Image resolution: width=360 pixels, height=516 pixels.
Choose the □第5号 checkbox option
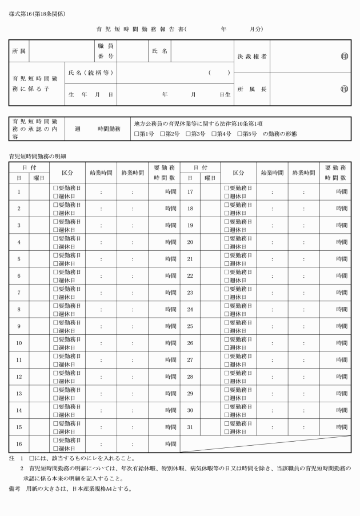point(239,134)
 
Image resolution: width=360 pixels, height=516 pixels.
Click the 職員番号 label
point(106,51)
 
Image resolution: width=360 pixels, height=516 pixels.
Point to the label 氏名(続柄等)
point(90,73)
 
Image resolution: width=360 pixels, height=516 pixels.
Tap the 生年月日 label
point(90,94)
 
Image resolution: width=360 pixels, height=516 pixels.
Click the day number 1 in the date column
point(19,192)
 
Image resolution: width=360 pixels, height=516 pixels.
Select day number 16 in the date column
point(19,443)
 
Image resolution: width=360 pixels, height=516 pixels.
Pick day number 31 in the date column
point(190,427)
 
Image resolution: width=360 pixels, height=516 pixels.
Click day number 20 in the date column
point(190,242)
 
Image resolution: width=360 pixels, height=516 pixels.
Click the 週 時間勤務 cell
point(98,130)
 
